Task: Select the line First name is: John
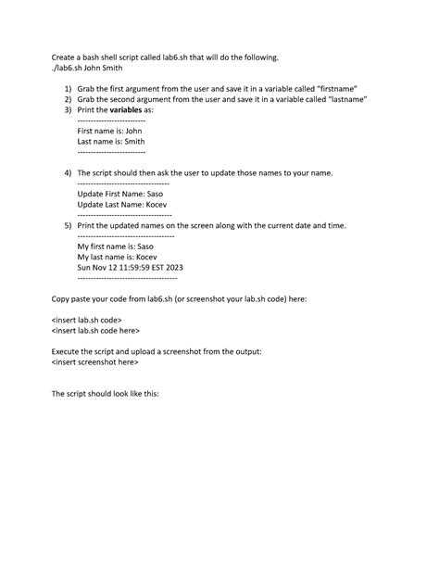tap(109, 132)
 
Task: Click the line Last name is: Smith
tap(110, 142)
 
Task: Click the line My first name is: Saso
tap(115, 246)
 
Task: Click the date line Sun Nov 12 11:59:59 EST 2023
tap(130, 268)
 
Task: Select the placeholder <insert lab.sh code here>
tap(95, 330)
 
